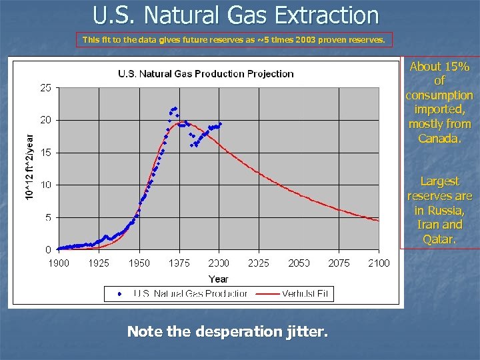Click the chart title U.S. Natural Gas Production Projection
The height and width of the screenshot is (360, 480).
[x=205, y=73]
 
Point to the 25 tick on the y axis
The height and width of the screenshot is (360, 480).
[x=46, y=87]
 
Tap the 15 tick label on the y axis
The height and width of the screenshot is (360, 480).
[x=46, y=153]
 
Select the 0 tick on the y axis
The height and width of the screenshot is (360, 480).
[x=48, y=249]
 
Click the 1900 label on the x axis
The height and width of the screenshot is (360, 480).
[x=59, y=263]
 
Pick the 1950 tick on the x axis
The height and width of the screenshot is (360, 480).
[x=139, y=263]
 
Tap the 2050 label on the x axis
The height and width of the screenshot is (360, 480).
[x=299, y=263]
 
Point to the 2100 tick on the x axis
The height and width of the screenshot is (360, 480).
[x=378, y=263]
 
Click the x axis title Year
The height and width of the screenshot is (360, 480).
[x=218, y=279]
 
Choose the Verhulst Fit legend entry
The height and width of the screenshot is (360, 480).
[x=304, y=293]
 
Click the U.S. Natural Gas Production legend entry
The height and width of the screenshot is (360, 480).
[x=190, y=293]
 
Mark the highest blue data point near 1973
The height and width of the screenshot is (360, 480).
[x=175, y=108]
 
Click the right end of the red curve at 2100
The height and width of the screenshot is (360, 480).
[x=378, y=221]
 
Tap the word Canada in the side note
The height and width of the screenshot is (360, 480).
[x=439, y=138]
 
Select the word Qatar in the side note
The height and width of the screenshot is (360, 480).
[x=439, y=239]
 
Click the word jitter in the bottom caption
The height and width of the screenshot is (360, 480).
[x=307, y=331]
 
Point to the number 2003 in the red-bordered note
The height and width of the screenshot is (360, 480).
[x=305, y=40]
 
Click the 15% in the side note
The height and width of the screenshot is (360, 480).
[x=458, y=67]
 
